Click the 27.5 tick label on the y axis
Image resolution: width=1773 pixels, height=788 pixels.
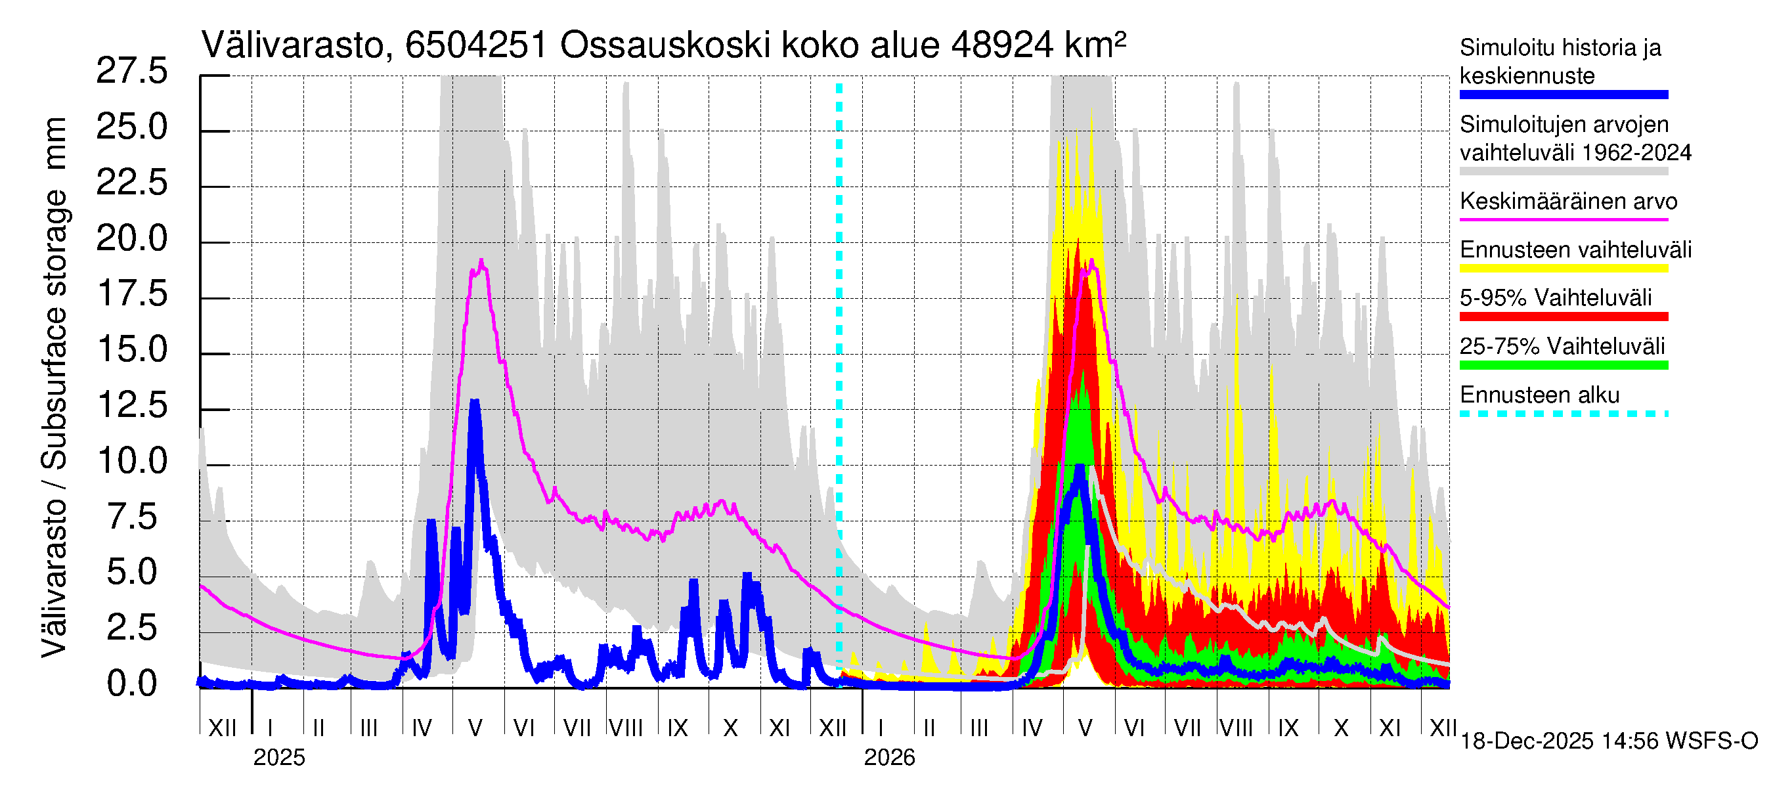tap(131, 71)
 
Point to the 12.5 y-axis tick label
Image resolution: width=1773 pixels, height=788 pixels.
tap(131, 405)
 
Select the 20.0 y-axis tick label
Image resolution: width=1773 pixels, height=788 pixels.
tap(131, 238)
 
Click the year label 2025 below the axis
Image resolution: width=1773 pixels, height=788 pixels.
tap(278, 758)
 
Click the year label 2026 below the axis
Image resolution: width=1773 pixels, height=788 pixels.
tap(889, 758)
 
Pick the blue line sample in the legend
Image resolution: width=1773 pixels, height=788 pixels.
tap(1563, 95)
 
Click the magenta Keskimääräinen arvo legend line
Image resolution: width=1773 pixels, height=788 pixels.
tap(1563, 219)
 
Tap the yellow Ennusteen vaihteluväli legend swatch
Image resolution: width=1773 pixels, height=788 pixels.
tap(1563, 269)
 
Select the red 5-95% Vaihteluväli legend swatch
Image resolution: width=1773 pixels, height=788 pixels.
tap(1563, 317)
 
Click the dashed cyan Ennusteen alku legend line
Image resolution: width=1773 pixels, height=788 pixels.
tap(1563, 414)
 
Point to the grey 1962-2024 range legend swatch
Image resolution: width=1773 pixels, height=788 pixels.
tap(1563, 171)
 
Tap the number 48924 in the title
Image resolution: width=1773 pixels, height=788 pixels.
tap(1001, 46)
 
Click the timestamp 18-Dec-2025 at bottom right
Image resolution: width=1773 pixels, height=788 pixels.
tap(1527, 741)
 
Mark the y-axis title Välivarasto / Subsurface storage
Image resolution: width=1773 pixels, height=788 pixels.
tap(55, 385)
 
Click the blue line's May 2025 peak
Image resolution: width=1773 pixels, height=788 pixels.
tap(474, 401)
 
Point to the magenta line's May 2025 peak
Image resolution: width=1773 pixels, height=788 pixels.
tap(481, 261)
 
